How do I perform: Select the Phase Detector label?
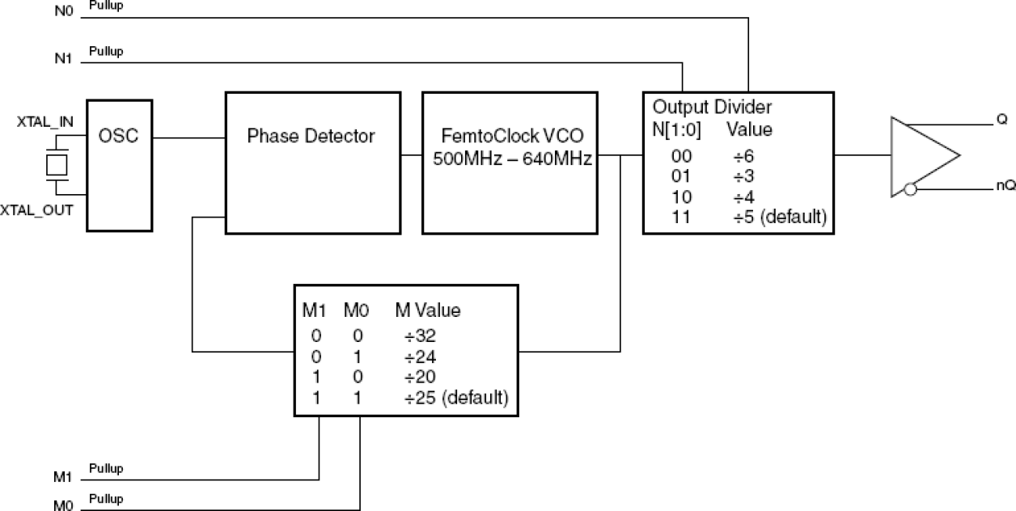click(311, 136)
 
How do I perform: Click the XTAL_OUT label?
click(40, 210)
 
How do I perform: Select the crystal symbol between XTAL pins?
click(56, 165)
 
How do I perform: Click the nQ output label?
click(1005, 185)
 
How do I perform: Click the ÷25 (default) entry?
click(455, 398)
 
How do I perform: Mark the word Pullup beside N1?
click(106, 52)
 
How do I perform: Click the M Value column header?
click(427, 310)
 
